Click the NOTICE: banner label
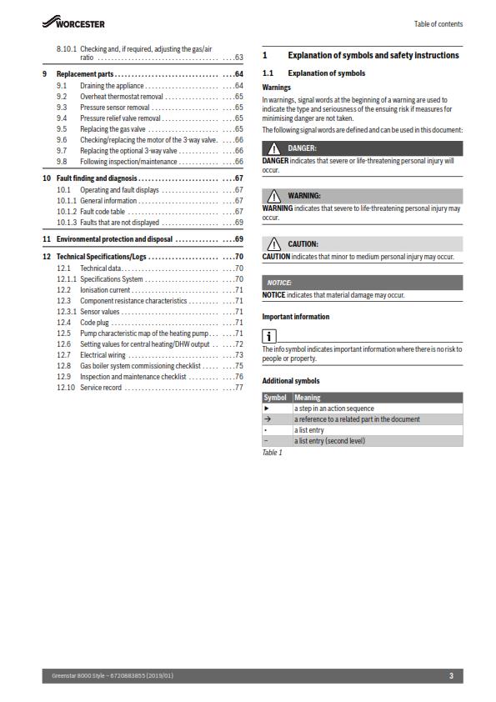click(x=279, y=283)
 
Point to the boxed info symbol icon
click(x=269, y=337)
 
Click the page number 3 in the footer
click(x=451, y=675)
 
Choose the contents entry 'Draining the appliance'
click(x=110, y=86)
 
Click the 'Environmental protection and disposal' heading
click(x=114, y=239)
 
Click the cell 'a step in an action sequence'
click(x=333, y=409)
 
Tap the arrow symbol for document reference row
click(x=267, y=419)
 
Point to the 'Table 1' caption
click(x=273, y=452)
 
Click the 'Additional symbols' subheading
click(x=291, y=381)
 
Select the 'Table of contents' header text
click(x=438, y=24)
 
